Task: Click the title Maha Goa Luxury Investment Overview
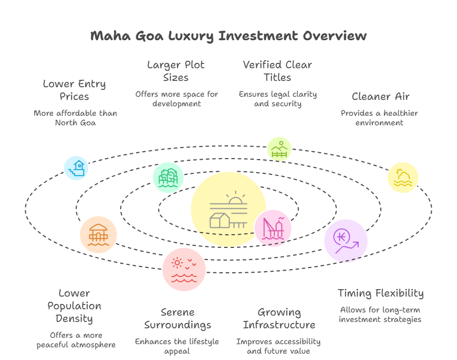click(x=228, y=36)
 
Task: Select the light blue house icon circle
click(x=76, y=169)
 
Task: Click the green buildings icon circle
click(x=168, y=177)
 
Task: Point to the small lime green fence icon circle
click(x=279, y=149)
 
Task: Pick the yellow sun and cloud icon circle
click(x=403, y=178)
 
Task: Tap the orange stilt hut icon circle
click(x=98, y=234)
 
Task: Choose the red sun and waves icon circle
click(x=184, y=269)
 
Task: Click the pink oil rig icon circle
click(x=273, y=228)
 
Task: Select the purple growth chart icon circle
click(x=346, y=241)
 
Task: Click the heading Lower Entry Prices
click(x=74, y=90)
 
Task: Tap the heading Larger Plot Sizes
click(x=176, y=71)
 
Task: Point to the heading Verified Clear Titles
click(x=278, y=71)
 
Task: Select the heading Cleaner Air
click(x=380, y=96)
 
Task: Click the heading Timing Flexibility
click(x=381, y=293)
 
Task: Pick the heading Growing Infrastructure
click(x=279, y=318)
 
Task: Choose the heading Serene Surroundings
click(x=177, y=318)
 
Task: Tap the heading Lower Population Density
click(x=74, y=306)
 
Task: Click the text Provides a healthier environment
click(x=379, y=118)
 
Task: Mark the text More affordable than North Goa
click(x=75, y=118)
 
